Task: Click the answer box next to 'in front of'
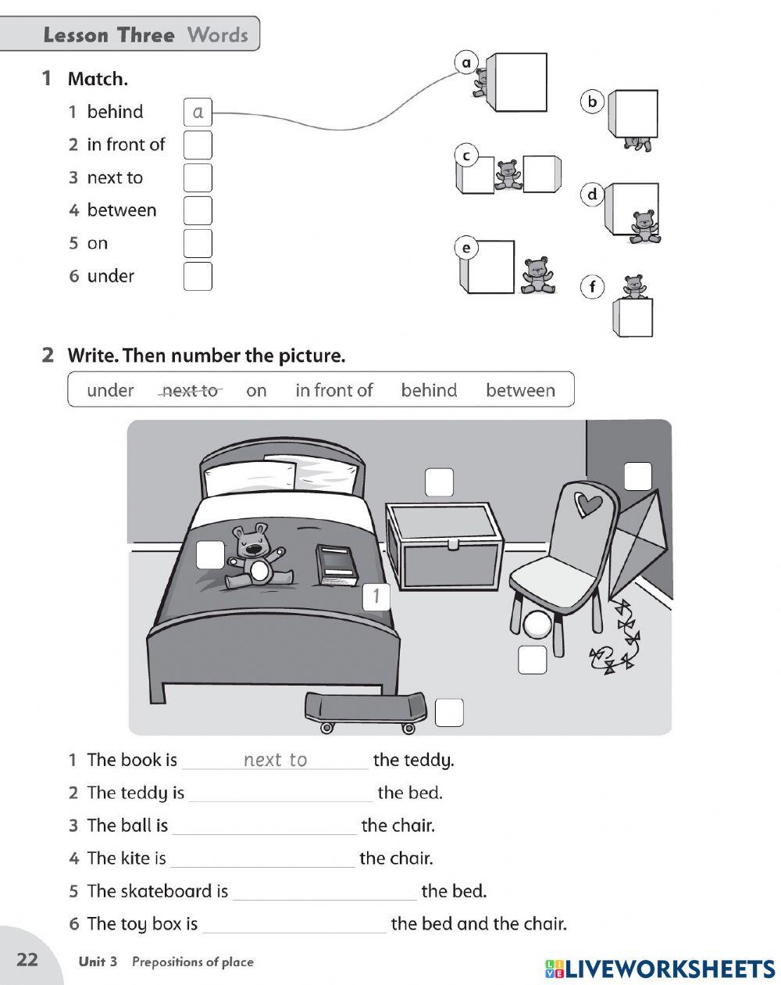pos(198,145)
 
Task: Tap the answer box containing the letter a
pos(198,113)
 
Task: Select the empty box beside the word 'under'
pos(198,277)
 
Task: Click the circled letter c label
pos(466,156)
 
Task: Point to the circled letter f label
pos(592,288)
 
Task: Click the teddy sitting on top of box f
pos(633,287)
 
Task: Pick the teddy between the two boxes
pos(508,174)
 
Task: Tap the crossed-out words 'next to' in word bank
pos(190,391)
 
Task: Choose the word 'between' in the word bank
pos(520,391)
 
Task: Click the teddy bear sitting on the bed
pos(255,555)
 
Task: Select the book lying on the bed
pos(337,564)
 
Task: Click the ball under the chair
pos(538,626)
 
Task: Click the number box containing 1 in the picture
pos(376,596)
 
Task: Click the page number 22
pos(27,960)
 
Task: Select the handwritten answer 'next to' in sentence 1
pos(275,760)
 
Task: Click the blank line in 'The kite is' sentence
pos(262,860)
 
